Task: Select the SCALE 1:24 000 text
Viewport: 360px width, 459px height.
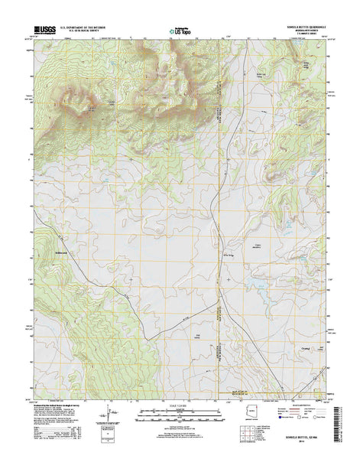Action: point(180,404)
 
